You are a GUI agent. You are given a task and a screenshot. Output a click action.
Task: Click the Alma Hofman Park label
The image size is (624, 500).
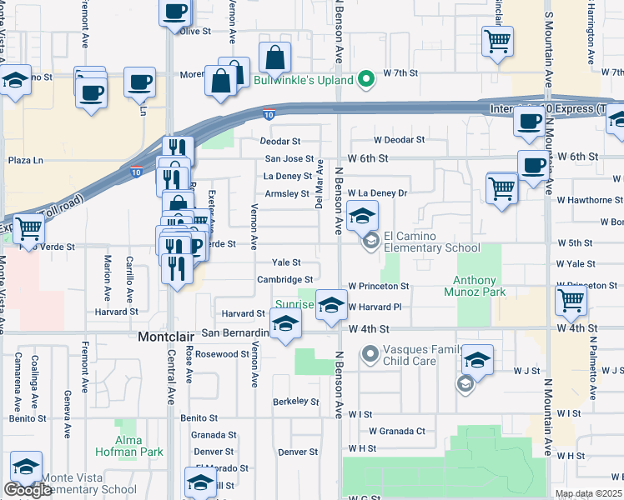point(139,446)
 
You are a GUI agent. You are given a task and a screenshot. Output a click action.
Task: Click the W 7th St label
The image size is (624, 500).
point(400,73)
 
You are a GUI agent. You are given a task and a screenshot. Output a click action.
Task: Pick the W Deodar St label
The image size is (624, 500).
point(387,140)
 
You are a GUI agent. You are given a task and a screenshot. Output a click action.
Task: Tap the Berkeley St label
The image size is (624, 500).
point(295,402)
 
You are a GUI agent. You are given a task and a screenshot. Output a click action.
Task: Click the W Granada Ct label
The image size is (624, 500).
point(398,431)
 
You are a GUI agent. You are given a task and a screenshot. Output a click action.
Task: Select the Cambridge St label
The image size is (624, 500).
point(284,280)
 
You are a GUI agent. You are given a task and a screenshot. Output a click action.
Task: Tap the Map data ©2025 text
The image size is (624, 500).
point(588,493)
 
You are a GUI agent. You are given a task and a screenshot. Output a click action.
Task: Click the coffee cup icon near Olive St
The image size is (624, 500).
point(175,12)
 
